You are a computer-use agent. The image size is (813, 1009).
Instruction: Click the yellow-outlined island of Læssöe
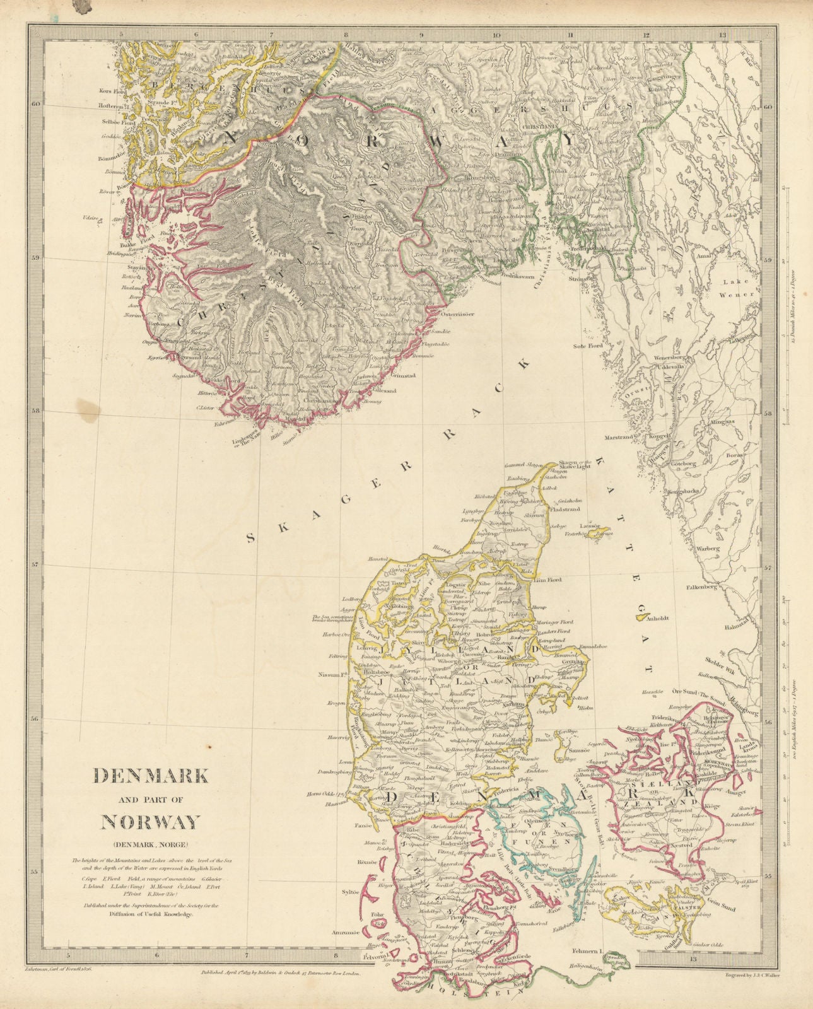pos(596,533)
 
